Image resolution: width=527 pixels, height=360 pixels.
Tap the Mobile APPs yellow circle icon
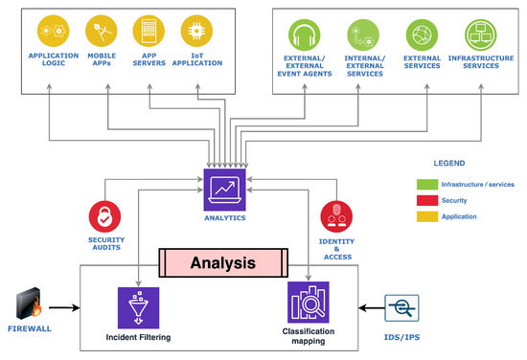[101, 31]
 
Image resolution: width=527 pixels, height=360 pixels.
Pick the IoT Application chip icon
[196, 31]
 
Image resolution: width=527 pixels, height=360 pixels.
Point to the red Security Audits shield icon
[106, 215]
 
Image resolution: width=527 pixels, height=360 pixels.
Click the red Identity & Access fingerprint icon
[335, 214]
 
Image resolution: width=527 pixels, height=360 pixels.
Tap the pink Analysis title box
[222, 262]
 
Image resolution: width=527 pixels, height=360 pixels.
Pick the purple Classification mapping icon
[309, 303]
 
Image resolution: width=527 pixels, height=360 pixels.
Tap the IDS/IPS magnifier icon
[402, 308]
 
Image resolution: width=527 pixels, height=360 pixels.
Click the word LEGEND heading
[450, 162]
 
